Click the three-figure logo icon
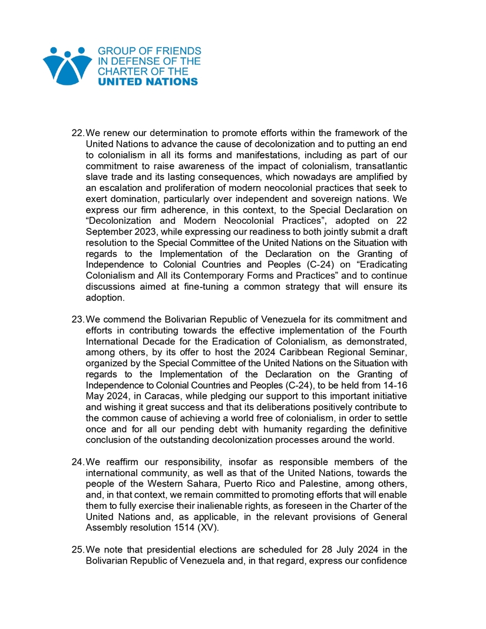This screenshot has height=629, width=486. coord(67,66)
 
